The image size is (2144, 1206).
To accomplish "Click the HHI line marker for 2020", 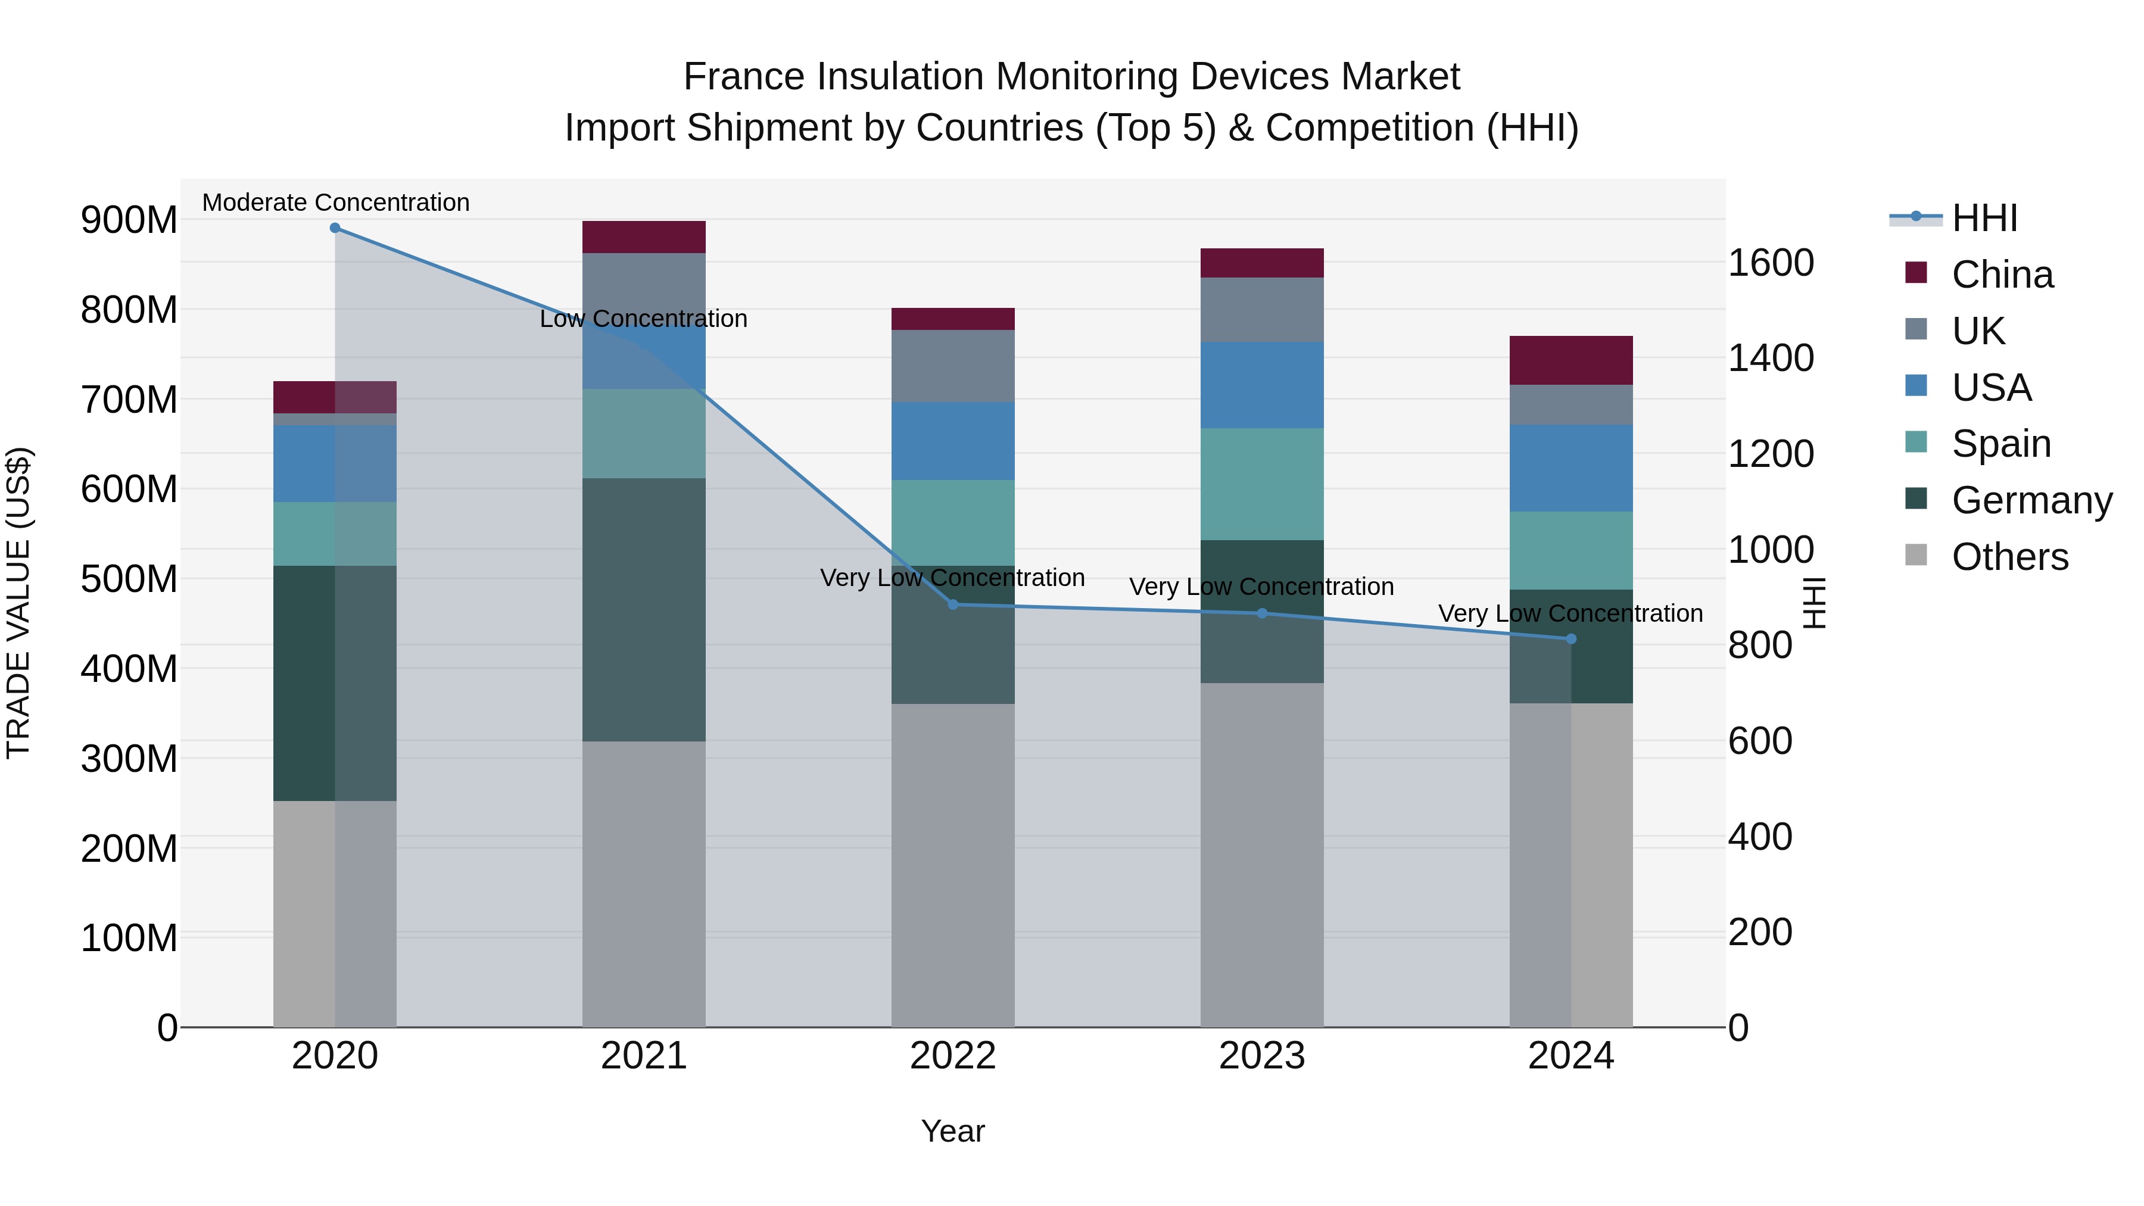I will pyautogui.click(x=335, y=228).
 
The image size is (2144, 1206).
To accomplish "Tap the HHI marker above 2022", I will pyautogui.click(x=953, y=604).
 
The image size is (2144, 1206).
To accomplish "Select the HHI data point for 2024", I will pyautogui.click(x=1570, y=638).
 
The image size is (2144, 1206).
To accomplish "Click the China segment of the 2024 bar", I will pyautogui.click(x=1570, y=360).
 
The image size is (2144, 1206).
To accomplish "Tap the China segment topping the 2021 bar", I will pyautogui.click(x=643, y=236).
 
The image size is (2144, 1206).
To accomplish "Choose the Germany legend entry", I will pyautogui.click(x=2031, y=500).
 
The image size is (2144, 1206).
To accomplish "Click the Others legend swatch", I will pyautogui.click(x=1916, y=555).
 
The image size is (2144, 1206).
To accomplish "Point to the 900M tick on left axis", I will pyautogui.click(x=129, y=220).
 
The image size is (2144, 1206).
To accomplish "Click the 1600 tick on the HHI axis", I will pyautogui.click(x=1771, y=263).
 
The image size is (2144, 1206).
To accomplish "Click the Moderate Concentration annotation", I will pyautogui.click(x=335, y=202).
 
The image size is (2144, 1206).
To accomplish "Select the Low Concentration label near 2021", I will pyautogui.click(x=643, y=319).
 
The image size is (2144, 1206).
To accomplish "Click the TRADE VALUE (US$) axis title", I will pyautogui.click(x=18, y=603).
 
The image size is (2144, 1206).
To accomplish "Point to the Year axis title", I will pyautogui.click(x=952, y=1131).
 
